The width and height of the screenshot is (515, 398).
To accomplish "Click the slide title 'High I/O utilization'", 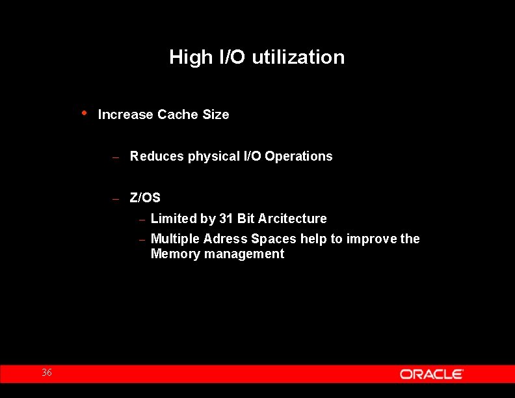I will pos(257,57).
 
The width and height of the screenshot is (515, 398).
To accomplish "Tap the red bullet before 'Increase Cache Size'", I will pos(85,113).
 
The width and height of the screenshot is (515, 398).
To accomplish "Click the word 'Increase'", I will pos(125,114).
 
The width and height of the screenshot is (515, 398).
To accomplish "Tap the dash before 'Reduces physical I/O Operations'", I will pos(114,157).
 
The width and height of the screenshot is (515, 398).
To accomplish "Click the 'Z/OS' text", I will pos(145,198).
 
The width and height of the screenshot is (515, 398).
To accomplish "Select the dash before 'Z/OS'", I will pos(114,198).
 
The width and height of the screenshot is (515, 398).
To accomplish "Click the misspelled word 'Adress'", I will pos(225,239).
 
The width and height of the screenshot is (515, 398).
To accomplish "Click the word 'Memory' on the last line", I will pos(176,254).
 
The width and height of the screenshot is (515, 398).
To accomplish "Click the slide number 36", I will pos(47,373).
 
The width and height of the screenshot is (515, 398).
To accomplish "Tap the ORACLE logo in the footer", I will pos(431,374).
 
